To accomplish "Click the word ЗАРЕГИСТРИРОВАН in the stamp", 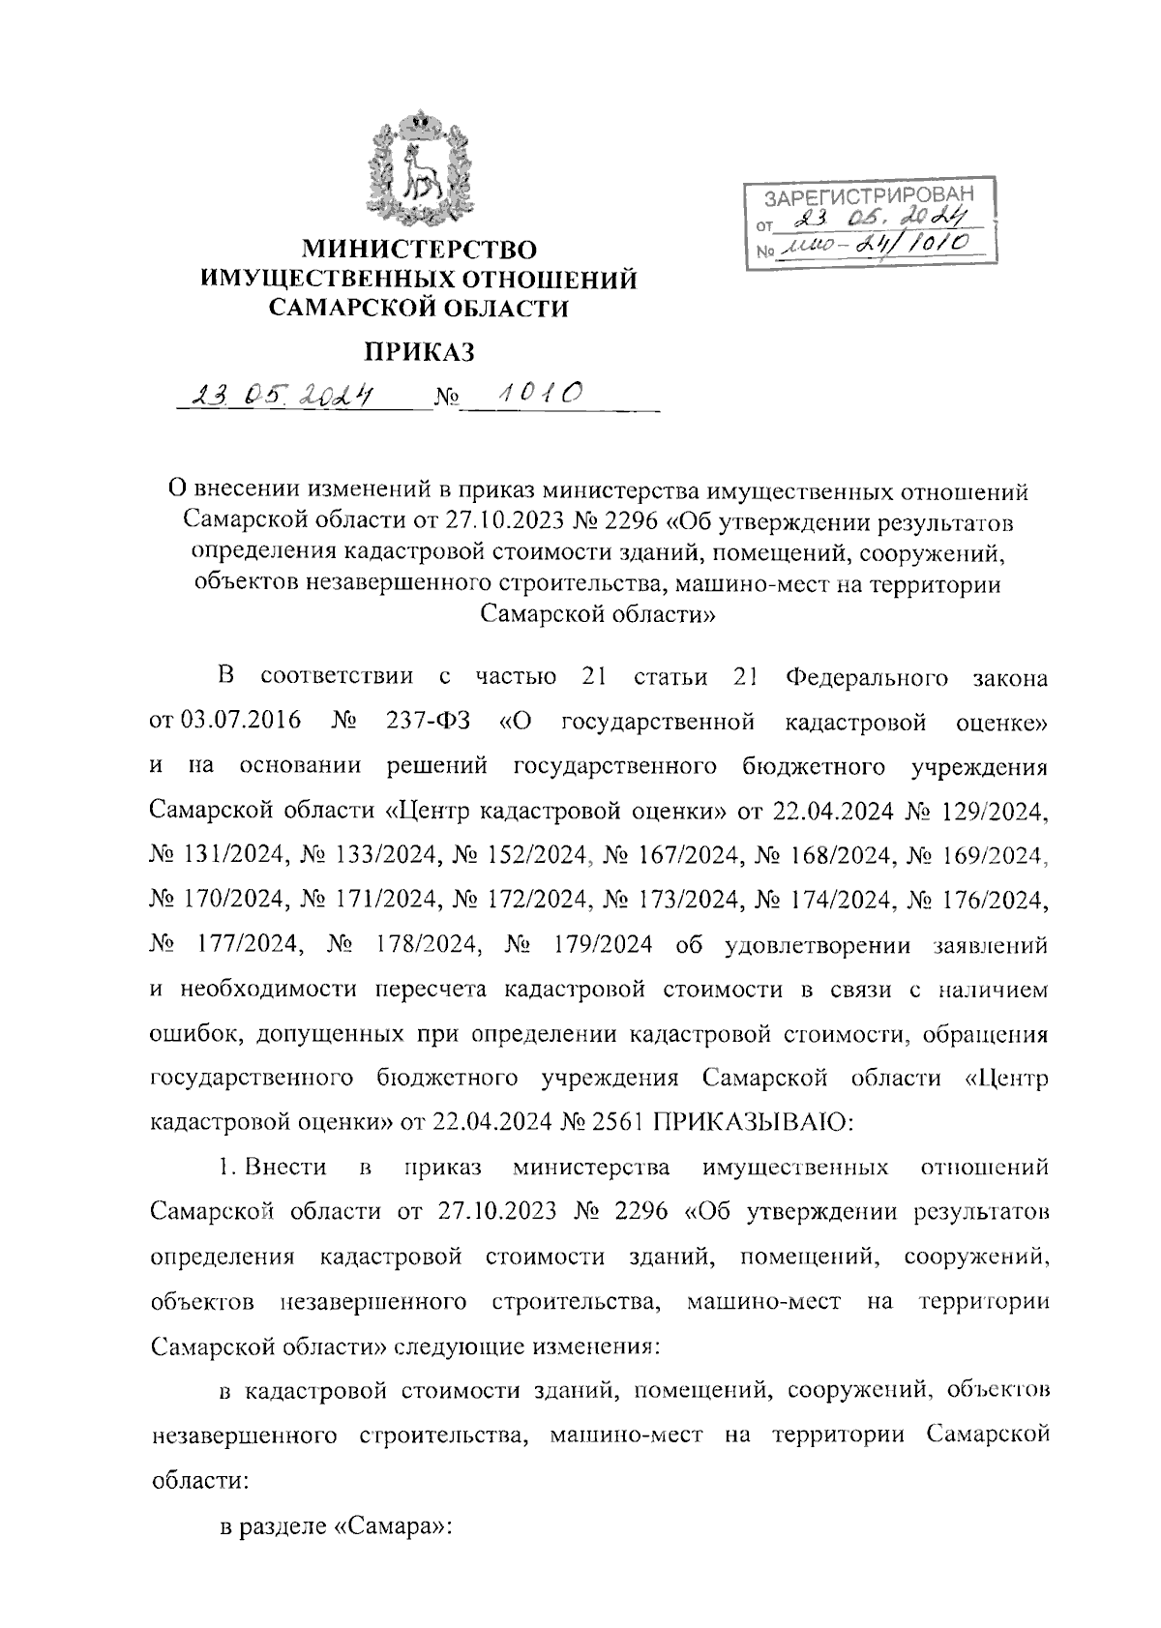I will point(865,197).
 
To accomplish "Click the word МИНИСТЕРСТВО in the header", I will point(418,251).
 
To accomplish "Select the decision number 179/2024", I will point(599,945).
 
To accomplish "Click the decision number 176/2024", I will point(996,900).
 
